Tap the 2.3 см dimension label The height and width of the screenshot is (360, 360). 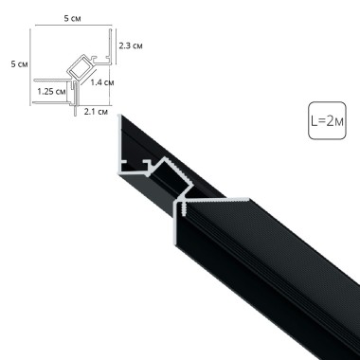131,45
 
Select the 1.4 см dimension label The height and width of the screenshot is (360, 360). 103,82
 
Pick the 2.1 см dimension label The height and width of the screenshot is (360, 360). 93,113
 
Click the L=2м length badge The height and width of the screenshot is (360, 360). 327,121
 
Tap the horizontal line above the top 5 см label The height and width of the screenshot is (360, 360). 71,26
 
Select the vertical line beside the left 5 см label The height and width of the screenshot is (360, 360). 29,63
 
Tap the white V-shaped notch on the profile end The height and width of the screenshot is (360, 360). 180,203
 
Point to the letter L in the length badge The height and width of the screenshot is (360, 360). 314,122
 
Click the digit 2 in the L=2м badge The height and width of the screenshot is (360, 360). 331,122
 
